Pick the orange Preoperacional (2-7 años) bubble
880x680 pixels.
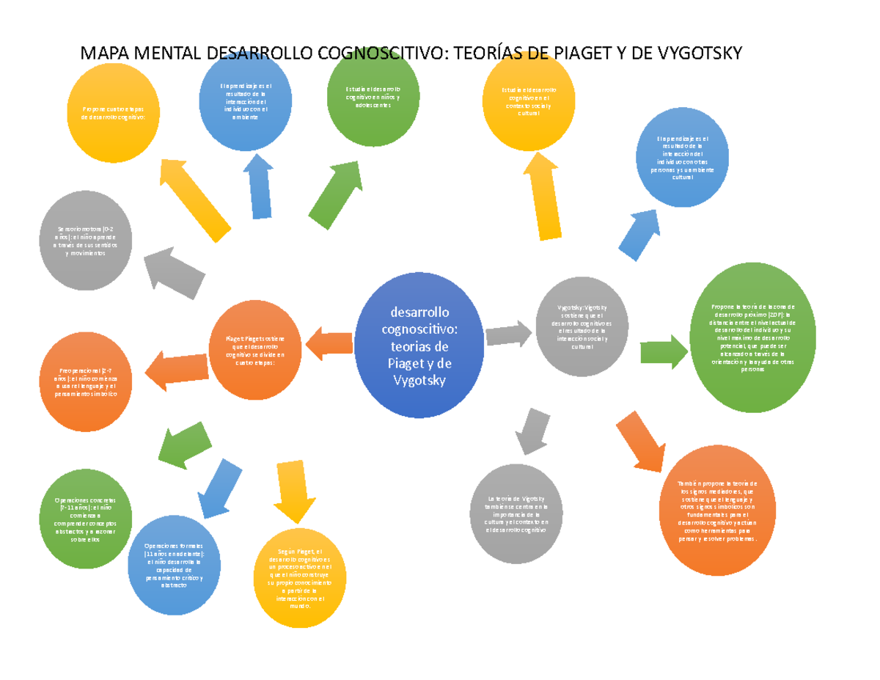click(86, 381)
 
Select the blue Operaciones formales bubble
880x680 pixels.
click(173, 566)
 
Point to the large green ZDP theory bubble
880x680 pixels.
click(752, 339)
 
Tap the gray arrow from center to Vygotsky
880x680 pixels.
click(509, 334)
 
